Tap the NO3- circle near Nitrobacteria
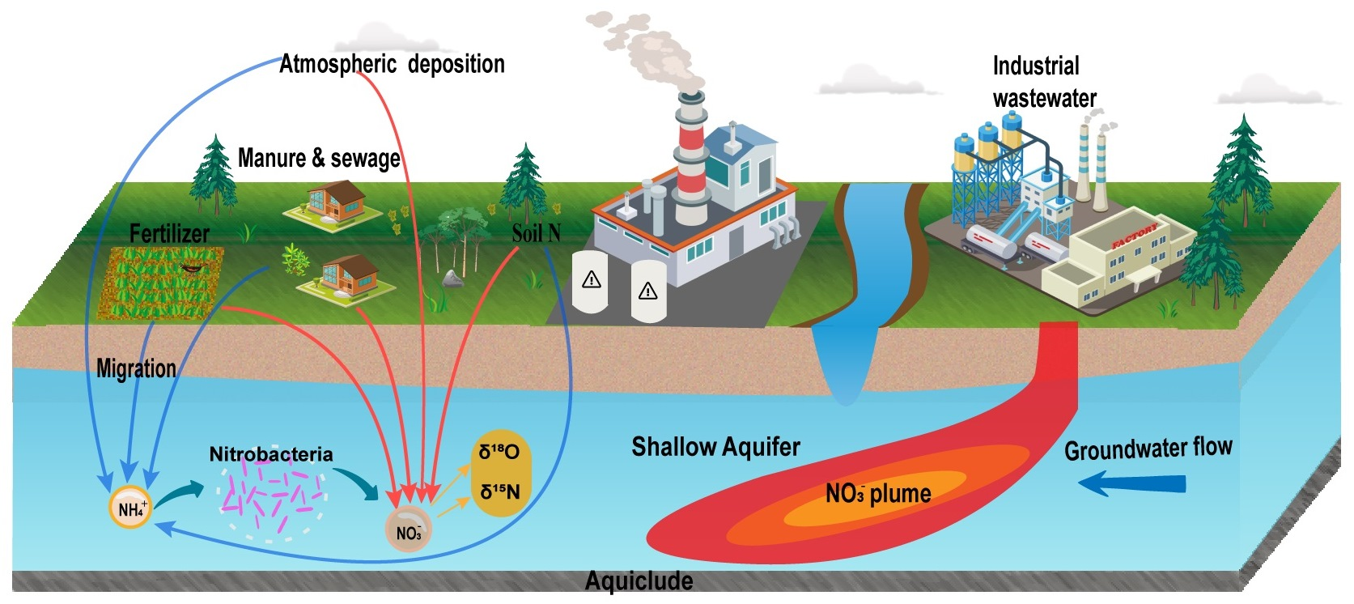point(409,530)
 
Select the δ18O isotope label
point(499,452)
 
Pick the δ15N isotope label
point(499,491)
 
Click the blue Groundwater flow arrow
point(1132,484)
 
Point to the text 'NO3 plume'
point(878,493)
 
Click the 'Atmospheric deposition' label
point(392,64)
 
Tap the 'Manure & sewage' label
point(319,158)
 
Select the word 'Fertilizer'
point(169,234)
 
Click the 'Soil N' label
point(536,234)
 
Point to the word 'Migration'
point(136,368)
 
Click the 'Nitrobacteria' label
point(271,454)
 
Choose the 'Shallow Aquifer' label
point(715,447)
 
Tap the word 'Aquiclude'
point(639,581)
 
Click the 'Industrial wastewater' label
point(1043,82)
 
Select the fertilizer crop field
point(161,282)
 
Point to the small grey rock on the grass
point(452,279)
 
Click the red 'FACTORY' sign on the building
point(1135,236)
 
